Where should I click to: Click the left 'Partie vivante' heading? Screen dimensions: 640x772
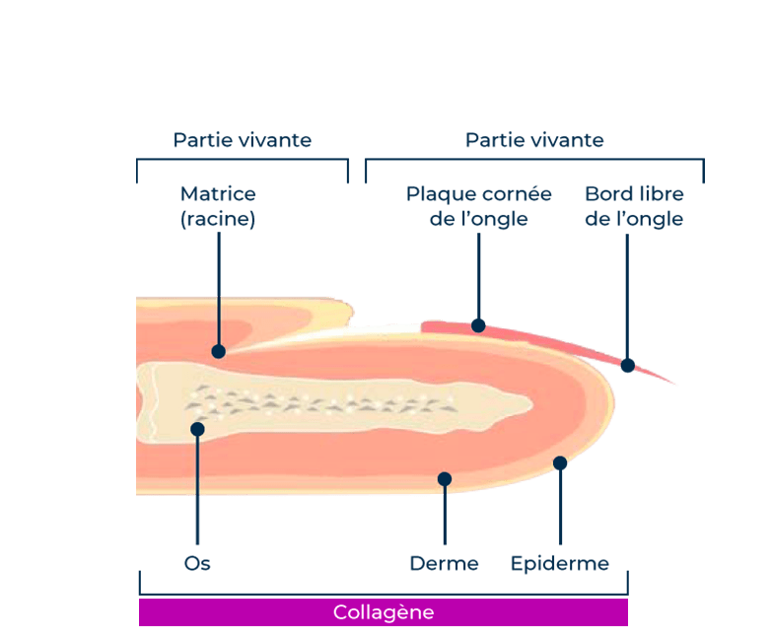(x=243, y=140)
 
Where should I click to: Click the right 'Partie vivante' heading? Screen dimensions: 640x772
(x=534, y=140)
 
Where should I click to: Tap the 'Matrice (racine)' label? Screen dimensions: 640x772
(x=218, y=206)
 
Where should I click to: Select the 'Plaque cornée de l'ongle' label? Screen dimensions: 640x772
(x=478, y=206)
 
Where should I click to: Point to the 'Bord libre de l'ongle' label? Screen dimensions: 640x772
(x=634, y=206)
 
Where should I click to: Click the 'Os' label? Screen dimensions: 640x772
(x=197, y=564)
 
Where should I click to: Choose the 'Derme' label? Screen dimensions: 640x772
(x=444, y=564)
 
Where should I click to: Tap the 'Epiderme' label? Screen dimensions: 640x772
(x=559, y=564)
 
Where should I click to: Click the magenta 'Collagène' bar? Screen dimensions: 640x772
(x=384, y=612)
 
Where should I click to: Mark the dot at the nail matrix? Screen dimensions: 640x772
(x=218, y=351)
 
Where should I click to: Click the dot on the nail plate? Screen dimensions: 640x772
(x=478, y=324)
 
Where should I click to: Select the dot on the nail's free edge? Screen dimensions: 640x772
(x=628, y=365)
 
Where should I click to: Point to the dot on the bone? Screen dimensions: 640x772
(x=197, y=429)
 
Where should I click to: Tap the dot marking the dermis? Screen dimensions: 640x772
(x=445, y=478)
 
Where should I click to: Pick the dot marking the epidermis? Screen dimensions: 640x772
(x=560, y=462)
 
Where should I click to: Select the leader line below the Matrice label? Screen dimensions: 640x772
(x=218, y=286)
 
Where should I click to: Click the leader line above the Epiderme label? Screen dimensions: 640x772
(x=560, y=508)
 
